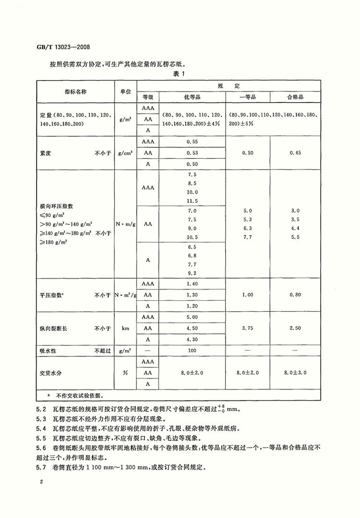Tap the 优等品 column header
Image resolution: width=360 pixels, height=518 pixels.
click(192, 96)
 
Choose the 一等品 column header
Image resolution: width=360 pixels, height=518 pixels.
click(248, 96)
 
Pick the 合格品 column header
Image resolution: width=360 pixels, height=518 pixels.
click(295, 96)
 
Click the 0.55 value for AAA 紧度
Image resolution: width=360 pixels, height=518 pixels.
click(192, 142)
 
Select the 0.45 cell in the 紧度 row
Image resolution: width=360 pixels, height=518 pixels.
click(295, 153)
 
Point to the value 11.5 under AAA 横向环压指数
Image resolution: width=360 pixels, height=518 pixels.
click(192, 200)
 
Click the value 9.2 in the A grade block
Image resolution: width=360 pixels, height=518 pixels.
click(192, 273)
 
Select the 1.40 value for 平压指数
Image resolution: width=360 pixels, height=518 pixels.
click(192, 284)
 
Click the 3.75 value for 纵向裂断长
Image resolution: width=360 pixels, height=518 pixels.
click(248, 329)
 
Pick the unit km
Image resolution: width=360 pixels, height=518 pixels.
click(125, 329)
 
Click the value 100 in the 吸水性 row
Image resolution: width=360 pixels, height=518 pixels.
click(192, 351)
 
